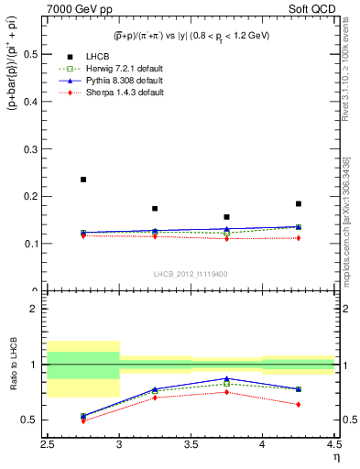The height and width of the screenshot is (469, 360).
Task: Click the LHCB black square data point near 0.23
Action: tap(83, 180)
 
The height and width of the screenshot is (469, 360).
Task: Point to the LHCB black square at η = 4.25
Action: tap(298, 203)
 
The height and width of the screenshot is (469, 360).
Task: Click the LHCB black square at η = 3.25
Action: tap(155, 209)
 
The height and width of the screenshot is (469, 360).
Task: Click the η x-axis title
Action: tap(335, 456)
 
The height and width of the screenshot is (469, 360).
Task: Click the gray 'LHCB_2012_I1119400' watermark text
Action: tap(191, 274)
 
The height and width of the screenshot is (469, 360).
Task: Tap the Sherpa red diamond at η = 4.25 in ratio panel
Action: tap(298, 404)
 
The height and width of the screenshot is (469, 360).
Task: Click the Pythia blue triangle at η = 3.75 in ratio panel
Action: tap(226, 378)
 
